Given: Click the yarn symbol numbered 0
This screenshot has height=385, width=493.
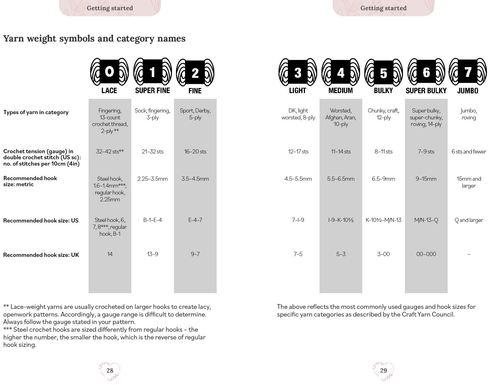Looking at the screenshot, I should coord(109,72).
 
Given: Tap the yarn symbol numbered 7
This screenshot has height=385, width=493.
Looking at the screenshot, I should coord(468,72).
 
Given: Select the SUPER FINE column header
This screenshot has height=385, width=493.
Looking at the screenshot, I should coord(153,90).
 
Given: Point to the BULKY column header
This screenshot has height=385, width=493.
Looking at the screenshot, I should coord(383,90).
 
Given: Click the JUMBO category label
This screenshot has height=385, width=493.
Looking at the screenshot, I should coord(468,90).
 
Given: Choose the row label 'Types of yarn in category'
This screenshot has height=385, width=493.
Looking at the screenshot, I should coord(36,112).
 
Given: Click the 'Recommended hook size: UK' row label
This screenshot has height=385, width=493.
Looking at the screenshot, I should coord(41,255).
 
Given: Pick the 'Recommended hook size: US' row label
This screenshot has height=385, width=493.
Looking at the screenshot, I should coord(41,221).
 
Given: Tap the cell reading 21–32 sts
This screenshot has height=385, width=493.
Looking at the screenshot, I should coord(153,152).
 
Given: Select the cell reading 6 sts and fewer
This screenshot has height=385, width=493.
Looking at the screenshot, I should coord(469,152).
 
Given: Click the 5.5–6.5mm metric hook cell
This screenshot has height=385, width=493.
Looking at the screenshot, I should coord(341,179).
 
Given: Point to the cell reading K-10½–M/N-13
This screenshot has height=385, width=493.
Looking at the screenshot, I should coord(383,220).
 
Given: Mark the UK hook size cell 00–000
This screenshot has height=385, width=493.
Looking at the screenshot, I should coord(426,254).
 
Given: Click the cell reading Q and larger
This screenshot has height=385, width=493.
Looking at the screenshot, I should coord(469,220).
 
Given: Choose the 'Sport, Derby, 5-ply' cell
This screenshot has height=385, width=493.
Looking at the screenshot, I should coord(195,114).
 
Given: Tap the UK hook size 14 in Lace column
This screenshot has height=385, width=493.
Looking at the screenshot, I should coord(110,254).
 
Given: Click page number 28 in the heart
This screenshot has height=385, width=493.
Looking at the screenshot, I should coord(110,370).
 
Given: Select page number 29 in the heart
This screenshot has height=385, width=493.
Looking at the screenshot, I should coord(383,370).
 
